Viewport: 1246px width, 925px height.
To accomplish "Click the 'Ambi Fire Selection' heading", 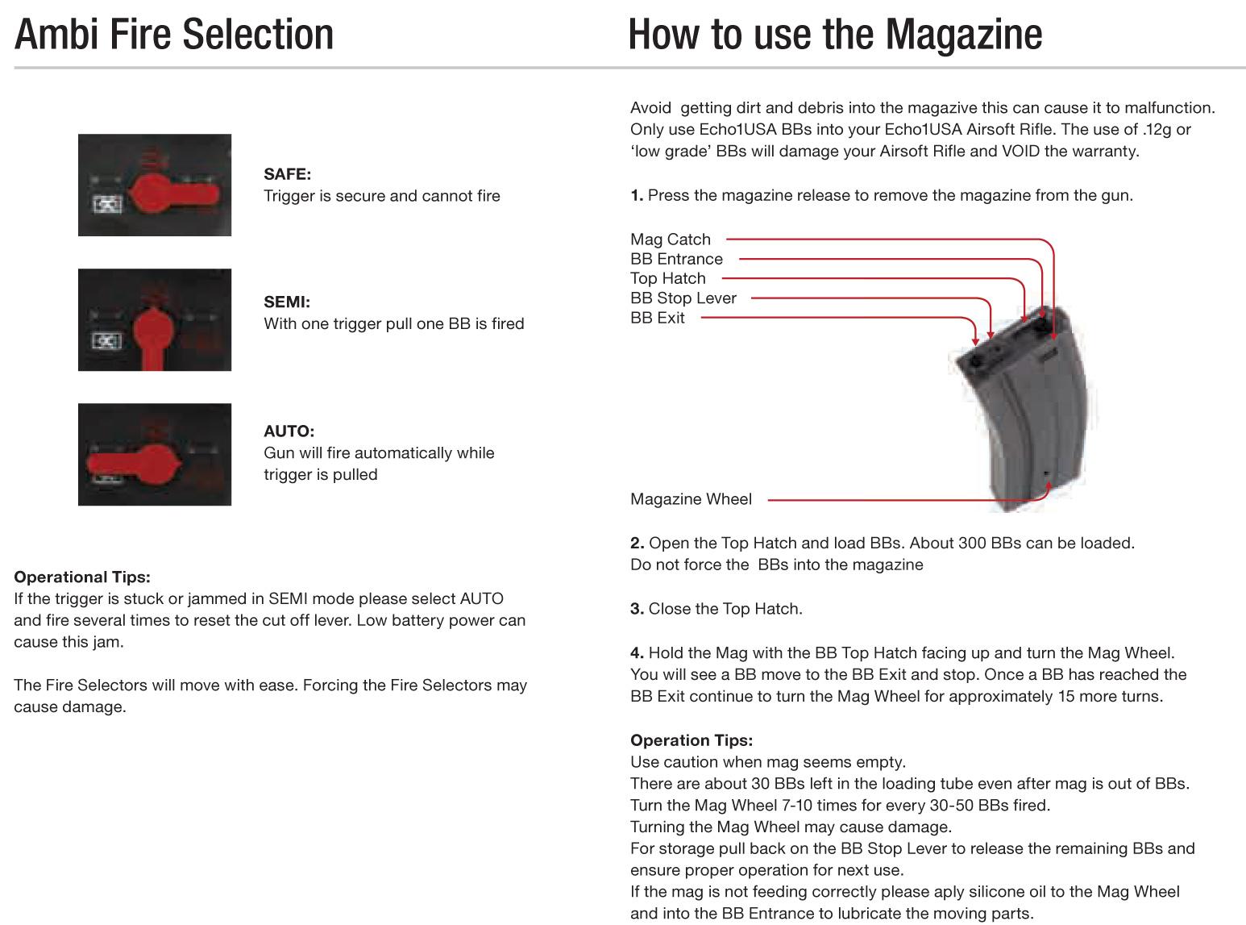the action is click(173, 35).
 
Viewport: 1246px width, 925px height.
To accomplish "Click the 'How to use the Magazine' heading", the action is click(835, 35).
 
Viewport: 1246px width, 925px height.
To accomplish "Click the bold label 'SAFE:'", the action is click(287, 174).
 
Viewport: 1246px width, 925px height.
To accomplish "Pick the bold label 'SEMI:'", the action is click(286, 302).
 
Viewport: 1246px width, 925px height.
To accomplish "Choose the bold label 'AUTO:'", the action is click(289, 431).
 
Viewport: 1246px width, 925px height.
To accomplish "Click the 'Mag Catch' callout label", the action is click(671, 240).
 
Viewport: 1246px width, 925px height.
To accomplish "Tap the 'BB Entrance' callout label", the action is click(676, 259).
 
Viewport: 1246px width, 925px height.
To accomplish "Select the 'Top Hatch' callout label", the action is click(667, 278).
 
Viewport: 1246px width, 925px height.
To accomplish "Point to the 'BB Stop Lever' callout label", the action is click(683, 298).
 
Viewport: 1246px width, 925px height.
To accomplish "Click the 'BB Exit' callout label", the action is click(658, 318).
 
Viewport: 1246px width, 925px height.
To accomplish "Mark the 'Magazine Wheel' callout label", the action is click(691, 499).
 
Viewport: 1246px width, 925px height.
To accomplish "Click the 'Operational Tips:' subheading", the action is click(82, 577).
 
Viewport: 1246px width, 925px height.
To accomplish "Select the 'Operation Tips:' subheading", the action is click(692, 740).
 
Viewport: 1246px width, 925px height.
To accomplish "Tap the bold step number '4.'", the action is click(637, 653).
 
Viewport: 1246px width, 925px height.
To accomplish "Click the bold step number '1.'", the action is click(637, 196).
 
